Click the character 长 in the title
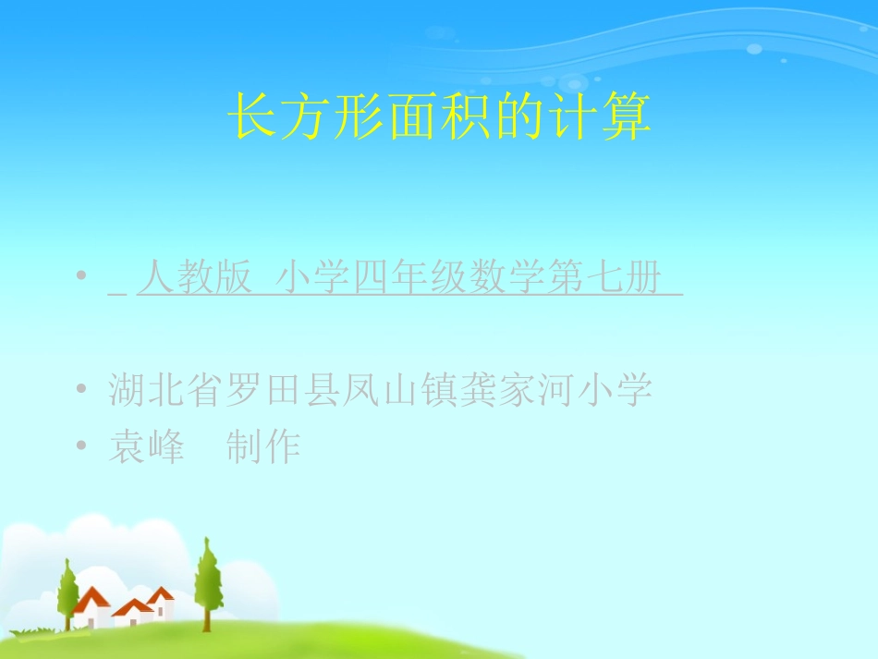coord(251,117)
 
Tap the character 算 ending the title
coord(627,117)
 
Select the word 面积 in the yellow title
coord(412,117)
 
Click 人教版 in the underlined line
coord(195,278)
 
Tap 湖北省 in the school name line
coord(165,391)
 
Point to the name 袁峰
coord(146,448)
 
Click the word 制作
coord(263,448)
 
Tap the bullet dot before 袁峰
coord(84,446)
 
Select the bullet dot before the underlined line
coord(84,276)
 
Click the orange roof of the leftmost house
coord(91,600)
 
